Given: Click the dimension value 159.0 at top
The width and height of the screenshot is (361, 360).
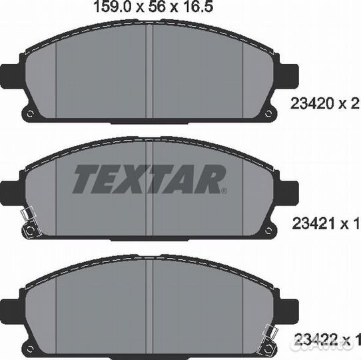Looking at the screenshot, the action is coord(113,7).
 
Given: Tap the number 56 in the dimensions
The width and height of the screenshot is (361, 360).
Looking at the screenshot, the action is coord(157,7).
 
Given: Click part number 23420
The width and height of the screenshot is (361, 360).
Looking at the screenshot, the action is coord(312,103).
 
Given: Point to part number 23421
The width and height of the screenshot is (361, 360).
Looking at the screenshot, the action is coord(313,223).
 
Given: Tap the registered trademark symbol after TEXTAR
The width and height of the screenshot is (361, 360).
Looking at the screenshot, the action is coord(224,191).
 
